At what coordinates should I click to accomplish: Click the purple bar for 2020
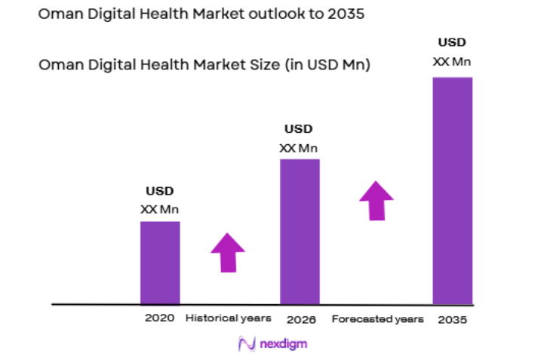[160, 262]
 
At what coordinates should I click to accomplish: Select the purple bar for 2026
[300, 231]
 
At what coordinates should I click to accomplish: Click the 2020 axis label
[160, 318]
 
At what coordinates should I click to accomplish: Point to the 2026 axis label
[300, 319]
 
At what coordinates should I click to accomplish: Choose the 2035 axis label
[453, 319]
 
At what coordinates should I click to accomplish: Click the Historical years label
[228, 318]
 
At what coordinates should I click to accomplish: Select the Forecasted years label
[377, 319]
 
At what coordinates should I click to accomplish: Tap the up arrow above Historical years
[227, 252]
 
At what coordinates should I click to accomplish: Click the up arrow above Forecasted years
[376, 200]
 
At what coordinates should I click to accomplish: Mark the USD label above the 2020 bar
[159, 192]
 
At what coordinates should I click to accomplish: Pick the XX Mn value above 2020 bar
[159, 209]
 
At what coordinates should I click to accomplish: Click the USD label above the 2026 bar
[298, 129]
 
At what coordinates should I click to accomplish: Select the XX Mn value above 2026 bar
[298, 148]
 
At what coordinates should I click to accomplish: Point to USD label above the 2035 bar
[452, 42]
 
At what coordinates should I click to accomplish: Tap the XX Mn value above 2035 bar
[452, 61]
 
